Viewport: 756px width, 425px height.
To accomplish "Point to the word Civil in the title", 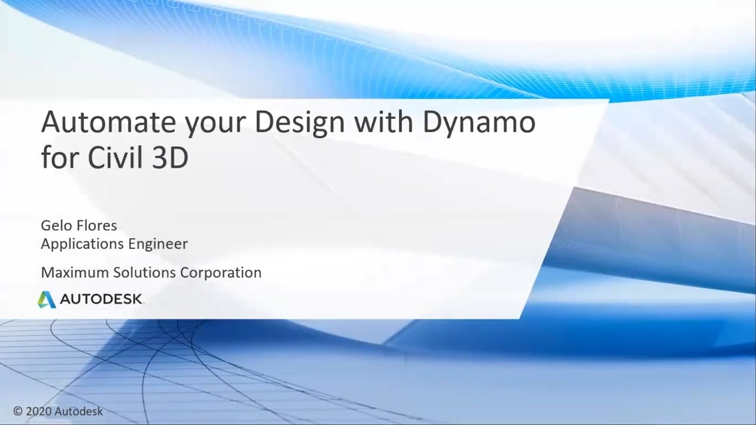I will (112, 158).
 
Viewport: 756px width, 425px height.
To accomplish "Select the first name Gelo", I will (56, 225).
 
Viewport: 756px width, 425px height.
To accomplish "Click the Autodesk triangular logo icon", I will (47, 300).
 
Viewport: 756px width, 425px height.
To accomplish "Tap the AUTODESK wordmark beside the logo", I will (101, 300).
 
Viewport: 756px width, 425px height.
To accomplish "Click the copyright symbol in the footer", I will (18, 411).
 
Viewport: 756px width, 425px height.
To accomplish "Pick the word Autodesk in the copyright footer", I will (79, 411).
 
